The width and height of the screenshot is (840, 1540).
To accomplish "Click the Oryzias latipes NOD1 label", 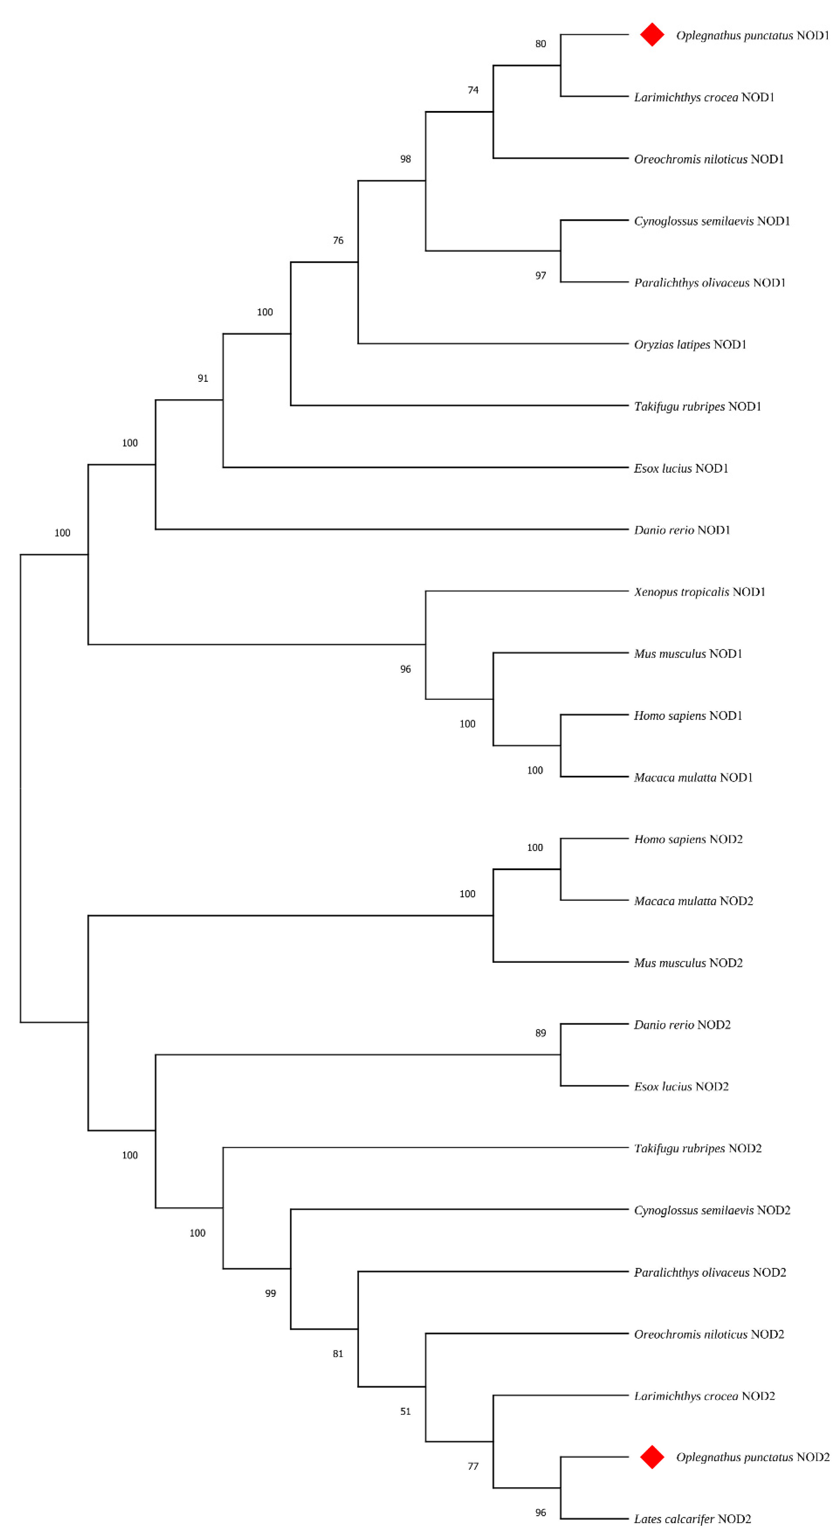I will tap(690, 345).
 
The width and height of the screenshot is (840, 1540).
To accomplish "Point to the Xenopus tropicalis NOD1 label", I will tap(699, 592).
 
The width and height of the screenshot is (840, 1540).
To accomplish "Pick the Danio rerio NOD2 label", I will tap(682, 1025).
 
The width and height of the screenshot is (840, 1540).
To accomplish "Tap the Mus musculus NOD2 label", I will tap(688, 962).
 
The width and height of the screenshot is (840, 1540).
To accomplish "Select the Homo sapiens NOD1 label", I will tap(688, 716).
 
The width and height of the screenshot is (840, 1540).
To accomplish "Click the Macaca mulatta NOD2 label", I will tap(693, 901).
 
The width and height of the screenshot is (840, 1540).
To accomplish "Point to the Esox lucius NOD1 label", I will tap(681, 468).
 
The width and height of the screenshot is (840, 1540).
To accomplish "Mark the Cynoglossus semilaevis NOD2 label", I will tap(712, 1210).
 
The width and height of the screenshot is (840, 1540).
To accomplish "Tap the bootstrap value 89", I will tap(540, 1033).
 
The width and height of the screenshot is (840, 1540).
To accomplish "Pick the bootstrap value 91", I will tap(203, 378).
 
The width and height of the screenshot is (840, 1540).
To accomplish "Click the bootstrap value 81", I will tap(338, 1354).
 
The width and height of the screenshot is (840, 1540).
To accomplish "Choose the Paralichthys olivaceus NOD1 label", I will tap(709, 283).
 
